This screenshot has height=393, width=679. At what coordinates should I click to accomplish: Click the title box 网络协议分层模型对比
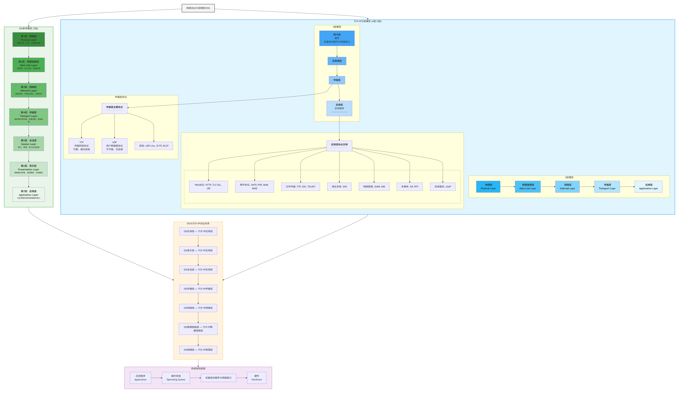(x=198, y=8)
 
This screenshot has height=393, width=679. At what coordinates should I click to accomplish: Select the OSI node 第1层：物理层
(x=29, y=39)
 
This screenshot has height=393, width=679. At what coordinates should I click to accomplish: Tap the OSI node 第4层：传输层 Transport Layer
(x=29, y=117)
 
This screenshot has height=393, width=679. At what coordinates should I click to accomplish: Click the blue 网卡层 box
(x=337, y=38)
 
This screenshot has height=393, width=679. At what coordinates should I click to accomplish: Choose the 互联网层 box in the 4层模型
(x=337, y=61)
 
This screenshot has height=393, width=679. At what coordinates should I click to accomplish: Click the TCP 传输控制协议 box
(x=81, y=146)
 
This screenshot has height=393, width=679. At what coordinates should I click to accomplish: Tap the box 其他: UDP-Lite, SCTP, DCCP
(x=154, y=146)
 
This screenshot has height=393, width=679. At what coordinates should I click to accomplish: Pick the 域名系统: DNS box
(x=339, y=187)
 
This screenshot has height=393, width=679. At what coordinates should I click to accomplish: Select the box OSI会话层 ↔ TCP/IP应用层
(x=198, y=270)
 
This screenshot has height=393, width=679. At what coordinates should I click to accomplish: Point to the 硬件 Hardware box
(x=256, y=378)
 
